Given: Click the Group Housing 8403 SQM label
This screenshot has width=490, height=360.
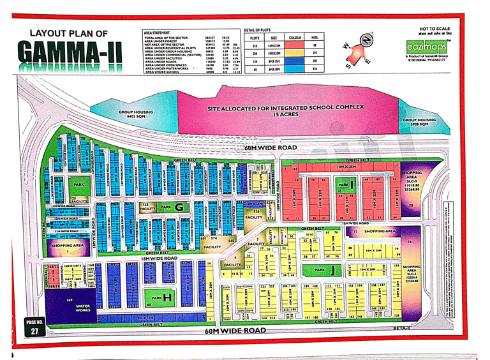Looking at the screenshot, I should point(135,114).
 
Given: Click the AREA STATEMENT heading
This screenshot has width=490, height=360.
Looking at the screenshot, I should point(157,31).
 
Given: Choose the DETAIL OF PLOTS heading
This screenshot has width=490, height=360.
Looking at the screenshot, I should point(259,31).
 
